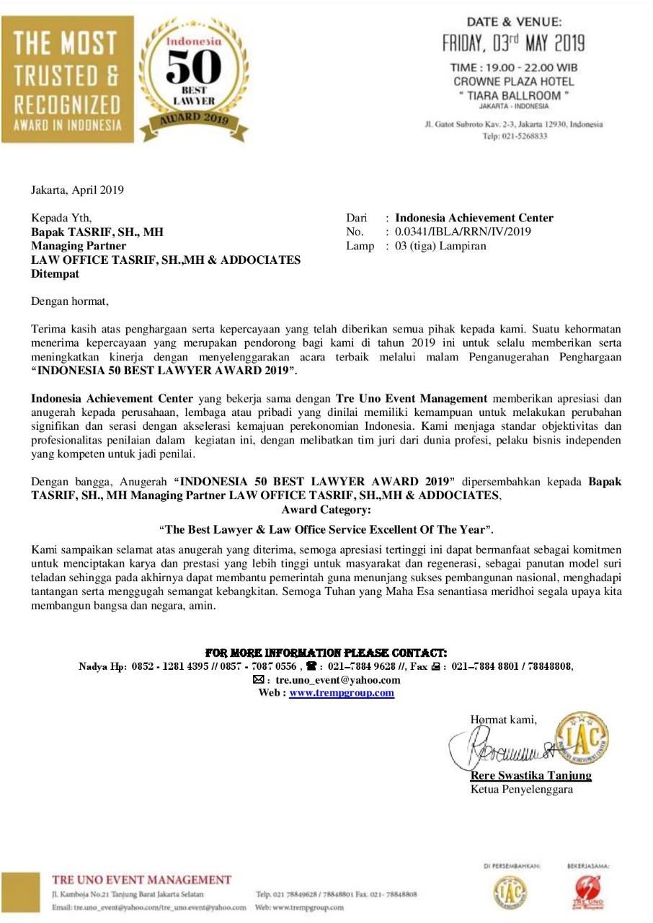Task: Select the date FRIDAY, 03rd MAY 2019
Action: (514, 43)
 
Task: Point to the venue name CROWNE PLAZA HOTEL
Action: (514, 81)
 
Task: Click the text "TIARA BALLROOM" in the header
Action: (514, 95)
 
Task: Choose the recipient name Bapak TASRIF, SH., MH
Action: (97, 232)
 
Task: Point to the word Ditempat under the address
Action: (54, 274)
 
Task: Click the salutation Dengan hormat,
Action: (70, 301)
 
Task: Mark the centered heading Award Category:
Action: (326, 510)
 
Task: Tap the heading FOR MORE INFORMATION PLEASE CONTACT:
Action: (326, 653)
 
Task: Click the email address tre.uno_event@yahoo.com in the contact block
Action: (334, 680)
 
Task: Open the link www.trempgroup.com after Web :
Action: (342, 693)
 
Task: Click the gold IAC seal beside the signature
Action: (582, 737)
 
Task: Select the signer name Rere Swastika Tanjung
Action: (530, 776)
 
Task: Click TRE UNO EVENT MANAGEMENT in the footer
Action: (142, 880)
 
